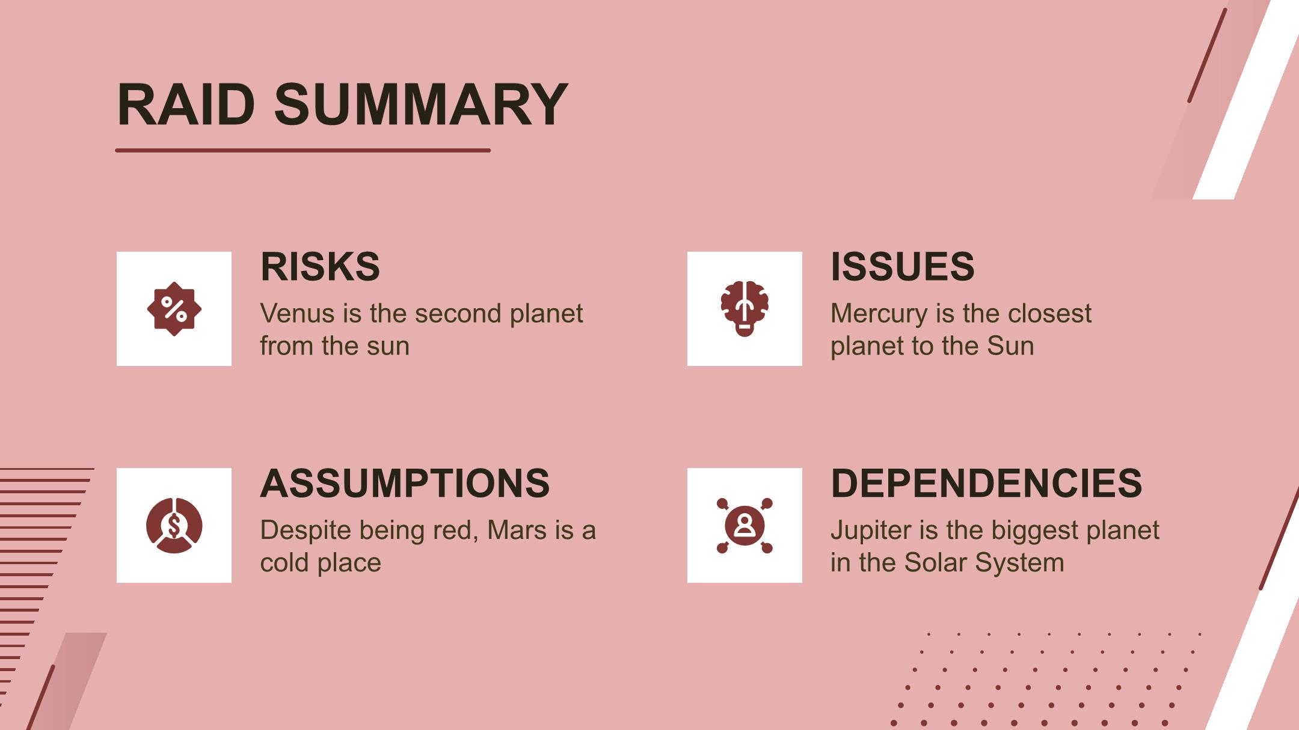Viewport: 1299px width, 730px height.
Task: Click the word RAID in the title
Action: pyautogui.click(x=186, y=105)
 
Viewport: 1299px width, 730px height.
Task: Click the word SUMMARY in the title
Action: pyautogui.click(x=421, y=105)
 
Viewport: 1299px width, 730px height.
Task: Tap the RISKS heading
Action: pyautogui.click(x=320, y=266)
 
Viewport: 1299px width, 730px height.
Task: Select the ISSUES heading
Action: pyautogui.click(x=902, y=266)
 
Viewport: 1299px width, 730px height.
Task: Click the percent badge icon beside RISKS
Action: pyautogui.click(x=174, y=309)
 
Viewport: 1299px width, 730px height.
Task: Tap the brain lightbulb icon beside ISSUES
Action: pyautogui.click(x=745, y=309)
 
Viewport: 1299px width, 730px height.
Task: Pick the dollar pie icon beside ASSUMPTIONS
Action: pyautogui.click(x=174, y=525)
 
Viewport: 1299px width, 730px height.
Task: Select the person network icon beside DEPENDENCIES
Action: pyautogui.click(x=745, y=525)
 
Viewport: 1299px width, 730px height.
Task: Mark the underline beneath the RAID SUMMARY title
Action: pyautogui.click(x=302, y=150)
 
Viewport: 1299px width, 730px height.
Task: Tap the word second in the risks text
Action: pyautogui.click(x=458, y=314)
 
